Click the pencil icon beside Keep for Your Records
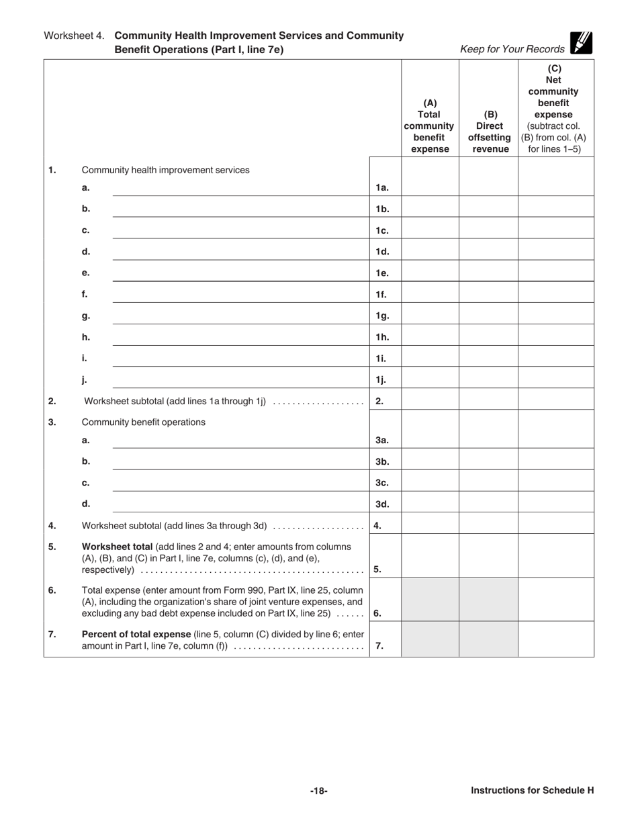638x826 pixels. pos(581,43)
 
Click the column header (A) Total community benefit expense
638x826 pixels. pos(430,126)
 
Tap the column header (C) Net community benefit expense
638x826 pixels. pos(556,109)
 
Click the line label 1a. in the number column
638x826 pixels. pos(382,188)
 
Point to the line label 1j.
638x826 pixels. pos(381,380)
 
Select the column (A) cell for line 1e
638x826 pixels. pos(430,273)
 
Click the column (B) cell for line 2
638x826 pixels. pos(488,401)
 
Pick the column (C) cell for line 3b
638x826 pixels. pos(556,461)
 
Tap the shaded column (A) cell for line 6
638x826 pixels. pos(430,599)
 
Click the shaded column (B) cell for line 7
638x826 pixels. pos(488,639)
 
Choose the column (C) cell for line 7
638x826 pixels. pos(556,639)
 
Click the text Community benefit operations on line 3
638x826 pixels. pos(143,422)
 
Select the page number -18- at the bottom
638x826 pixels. pos(318,790)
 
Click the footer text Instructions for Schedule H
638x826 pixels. pos(532,790)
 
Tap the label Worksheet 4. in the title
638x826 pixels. pos(74,36)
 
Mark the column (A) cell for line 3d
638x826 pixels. pos(430,504)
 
